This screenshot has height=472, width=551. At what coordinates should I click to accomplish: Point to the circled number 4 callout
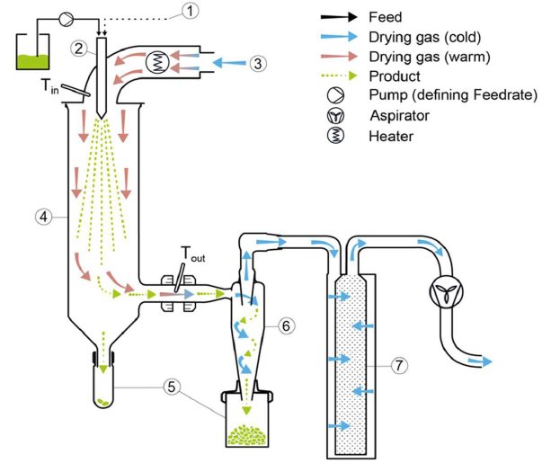pyautogui.click(x=41, y=216)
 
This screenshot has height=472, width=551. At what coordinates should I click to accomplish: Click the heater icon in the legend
pyautogui.click(x=338, y=136)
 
